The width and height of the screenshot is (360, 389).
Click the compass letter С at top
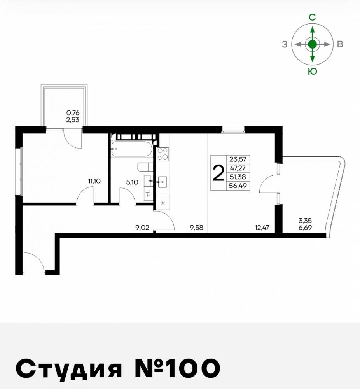pyautogui.click(x=312, y=17)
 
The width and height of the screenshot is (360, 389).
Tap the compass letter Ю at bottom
pyautogui.click(x=312, y=71)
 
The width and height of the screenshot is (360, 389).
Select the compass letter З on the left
pyautogui.click(x=285, y=44)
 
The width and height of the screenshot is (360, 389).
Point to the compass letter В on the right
pyautogui.click(x=340, y=44)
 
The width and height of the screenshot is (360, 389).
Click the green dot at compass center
pyautogui.click(x=312, y=44)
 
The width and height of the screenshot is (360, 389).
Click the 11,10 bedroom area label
pyautogui.click(x=95, y=180)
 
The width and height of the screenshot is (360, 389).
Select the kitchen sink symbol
pyautogui.click(x=163, y=181)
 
